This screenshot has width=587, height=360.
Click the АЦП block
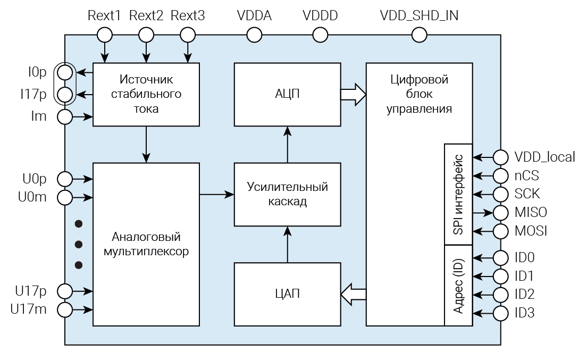coord(287,94)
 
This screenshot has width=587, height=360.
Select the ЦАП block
coord(287,294)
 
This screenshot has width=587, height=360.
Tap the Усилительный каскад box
coord(287,195)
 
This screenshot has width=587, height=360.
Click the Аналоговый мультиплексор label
coord(147,244)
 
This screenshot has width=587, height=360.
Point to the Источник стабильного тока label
coord(146,94)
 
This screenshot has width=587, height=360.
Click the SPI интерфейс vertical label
coord(458,194)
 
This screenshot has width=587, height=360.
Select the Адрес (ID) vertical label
coord(458,285)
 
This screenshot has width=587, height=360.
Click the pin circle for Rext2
coord(146,35)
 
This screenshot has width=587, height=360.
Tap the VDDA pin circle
coord(254,35)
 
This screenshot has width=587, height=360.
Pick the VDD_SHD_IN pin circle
coord(420,35)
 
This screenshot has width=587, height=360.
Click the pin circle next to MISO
coord(501,213)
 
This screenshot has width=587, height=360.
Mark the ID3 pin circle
coord(501,313)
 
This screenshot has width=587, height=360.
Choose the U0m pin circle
coord(65,198)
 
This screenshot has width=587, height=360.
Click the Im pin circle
coord(65,116)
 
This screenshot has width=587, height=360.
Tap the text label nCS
coord(527,175)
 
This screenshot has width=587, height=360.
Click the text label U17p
coord(31,291)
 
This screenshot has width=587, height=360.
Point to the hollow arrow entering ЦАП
coord(353,294)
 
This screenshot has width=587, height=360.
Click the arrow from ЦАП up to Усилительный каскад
coord(287,244)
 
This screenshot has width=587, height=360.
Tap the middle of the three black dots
coord(79,244)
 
